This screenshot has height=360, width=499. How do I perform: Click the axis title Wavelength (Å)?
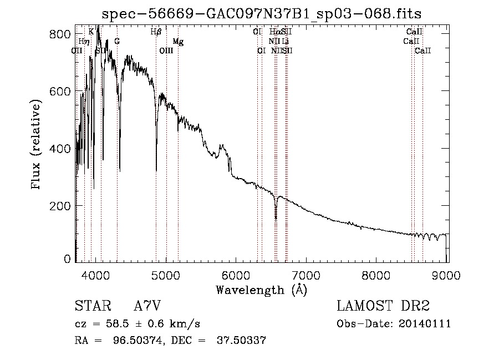coord(261,289)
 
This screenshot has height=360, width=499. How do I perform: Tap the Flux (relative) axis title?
coord(37,145)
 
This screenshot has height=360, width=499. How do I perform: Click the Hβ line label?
coord(156,32)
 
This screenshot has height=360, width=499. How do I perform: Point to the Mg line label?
coord(178,42)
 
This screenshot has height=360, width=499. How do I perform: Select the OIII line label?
coord(166,51)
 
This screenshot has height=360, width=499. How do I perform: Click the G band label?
coord(117,42)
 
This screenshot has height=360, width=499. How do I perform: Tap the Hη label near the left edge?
coord(84,42)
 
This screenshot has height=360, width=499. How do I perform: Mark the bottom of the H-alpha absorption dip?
coord(276,218)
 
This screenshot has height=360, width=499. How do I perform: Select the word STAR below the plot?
coord(92,306)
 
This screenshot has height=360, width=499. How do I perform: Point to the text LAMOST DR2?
coord(383,306)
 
